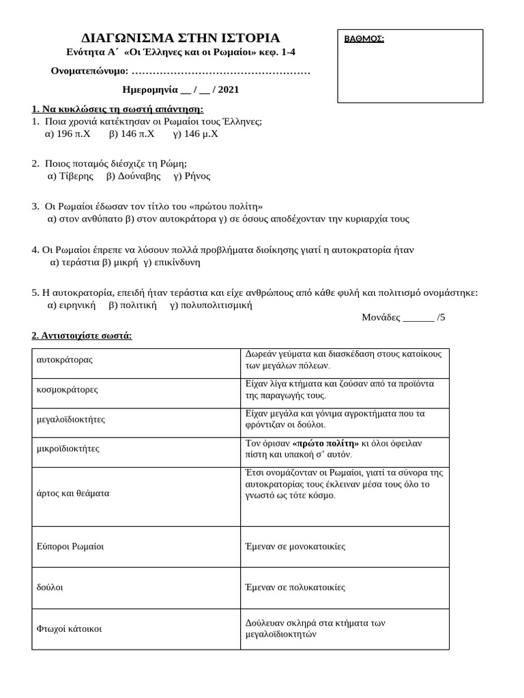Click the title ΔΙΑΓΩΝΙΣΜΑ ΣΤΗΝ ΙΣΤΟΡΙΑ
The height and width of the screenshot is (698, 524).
pos(180,37)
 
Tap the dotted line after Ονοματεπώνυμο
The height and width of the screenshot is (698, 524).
pos(220,72)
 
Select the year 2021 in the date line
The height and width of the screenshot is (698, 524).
pos(229,89)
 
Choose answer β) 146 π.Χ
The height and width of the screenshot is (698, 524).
pos(132,134)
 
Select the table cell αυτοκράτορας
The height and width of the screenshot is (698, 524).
pos(64,359)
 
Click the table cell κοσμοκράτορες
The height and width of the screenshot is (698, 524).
pos(67,389)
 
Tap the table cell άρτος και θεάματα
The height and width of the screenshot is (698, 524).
pos(72,492)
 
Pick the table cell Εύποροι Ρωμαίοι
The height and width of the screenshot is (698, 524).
pos(70,546)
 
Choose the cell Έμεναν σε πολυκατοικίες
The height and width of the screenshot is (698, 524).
pos(295,586)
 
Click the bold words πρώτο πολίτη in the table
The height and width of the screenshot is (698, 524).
pos(325,443)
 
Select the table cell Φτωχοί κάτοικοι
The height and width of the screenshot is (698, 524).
pos(69,628)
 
